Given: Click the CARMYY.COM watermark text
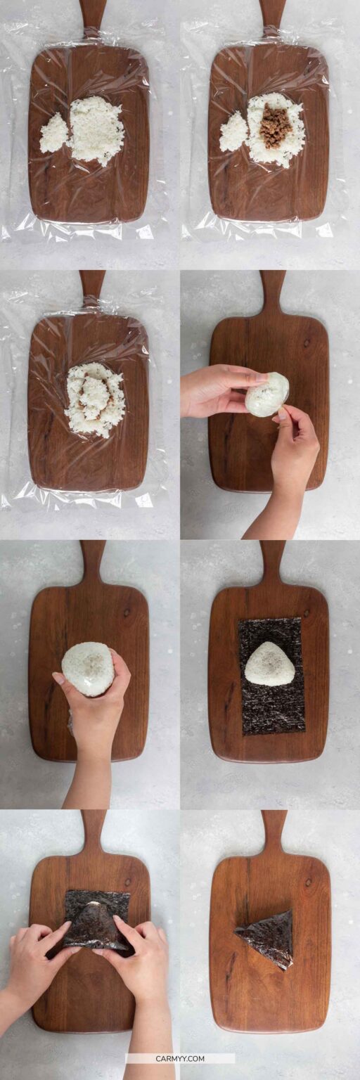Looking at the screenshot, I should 180,1058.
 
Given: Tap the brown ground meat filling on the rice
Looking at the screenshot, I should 275,127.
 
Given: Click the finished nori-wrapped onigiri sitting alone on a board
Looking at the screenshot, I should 266,939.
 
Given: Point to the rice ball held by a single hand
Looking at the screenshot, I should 88,668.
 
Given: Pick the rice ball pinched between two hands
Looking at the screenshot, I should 267,394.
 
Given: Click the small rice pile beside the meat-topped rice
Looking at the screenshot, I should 233,131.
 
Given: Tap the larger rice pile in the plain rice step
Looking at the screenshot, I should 96,129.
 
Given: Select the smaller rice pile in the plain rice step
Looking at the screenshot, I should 53,134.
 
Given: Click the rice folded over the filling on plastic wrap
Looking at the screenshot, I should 95,399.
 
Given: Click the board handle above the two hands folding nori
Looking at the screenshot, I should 92,830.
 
